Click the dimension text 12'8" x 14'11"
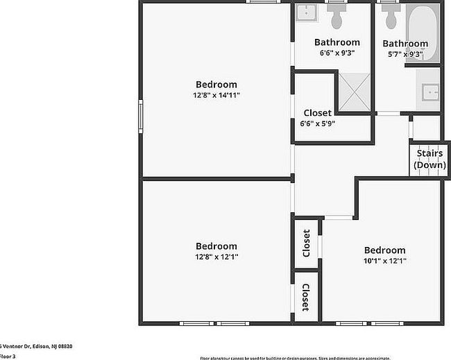[x=216, y=95]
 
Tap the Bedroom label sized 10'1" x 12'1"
[x=384, y=250]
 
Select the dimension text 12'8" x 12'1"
[x=216, y=257]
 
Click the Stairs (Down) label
[x=429, y=160]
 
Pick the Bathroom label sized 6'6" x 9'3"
[x=337, y=42]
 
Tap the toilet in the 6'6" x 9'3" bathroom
[x=338, y=15]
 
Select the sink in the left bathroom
[x=306, y=12]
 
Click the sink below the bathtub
[x=429, y=90]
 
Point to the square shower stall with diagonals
[x=355, y=91]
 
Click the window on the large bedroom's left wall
[x=141, y=114]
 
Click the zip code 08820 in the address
[x=65, y=346]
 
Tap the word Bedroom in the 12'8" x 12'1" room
[x=216, y=246]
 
